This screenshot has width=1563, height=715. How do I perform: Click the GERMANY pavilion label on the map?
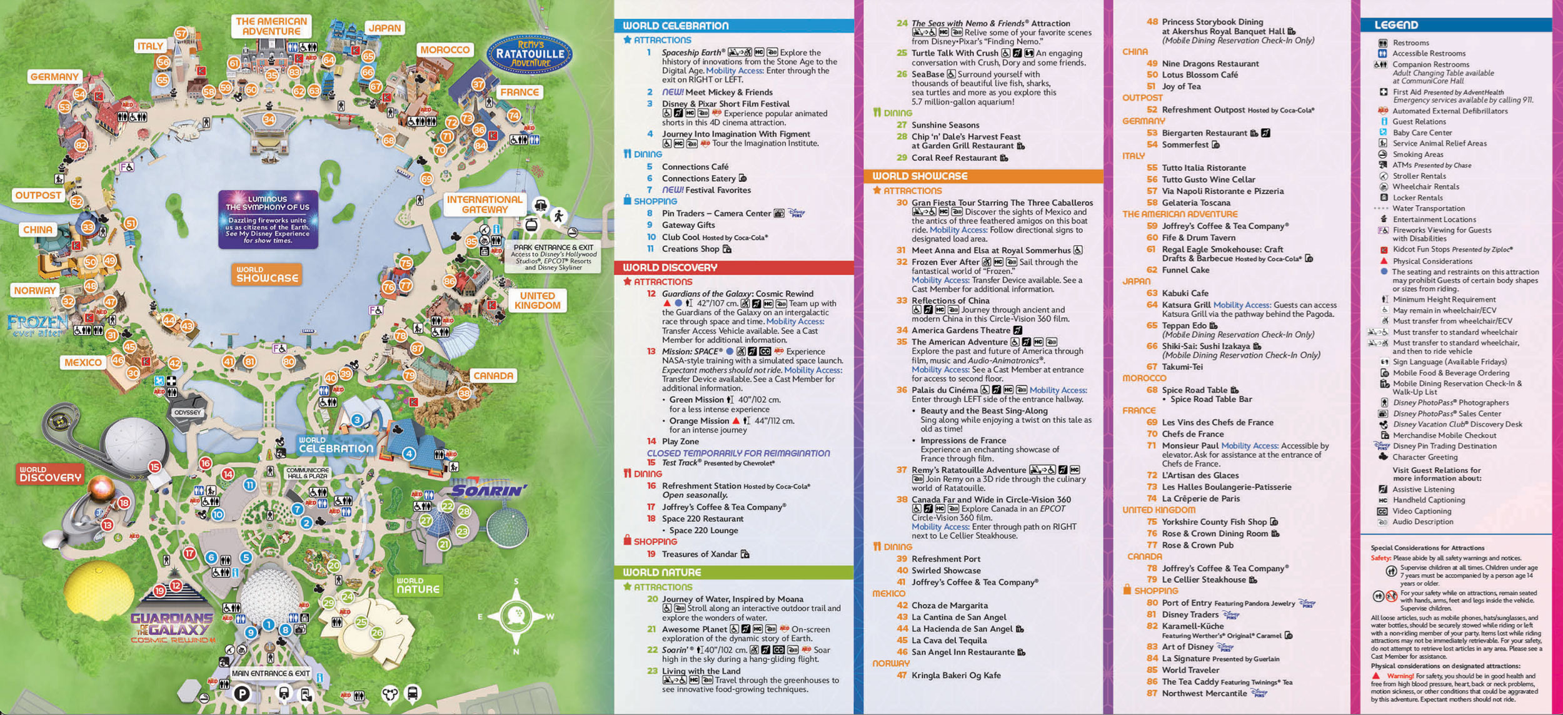pyautogui.click(x=54, y=76)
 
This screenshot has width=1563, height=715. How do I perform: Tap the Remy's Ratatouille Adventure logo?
pyautogui.click(x=530, y=53)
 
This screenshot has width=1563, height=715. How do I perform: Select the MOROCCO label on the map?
pyautogui.click(x=445, y=49)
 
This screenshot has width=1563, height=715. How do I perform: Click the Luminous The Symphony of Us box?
pyautogui.click(x=268, y=220)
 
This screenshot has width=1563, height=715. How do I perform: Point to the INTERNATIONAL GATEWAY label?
pyautogui.click(x=485, y=204)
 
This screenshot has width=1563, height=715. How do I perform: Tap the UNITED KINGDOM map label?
pyautogui.click(x=537, y=300)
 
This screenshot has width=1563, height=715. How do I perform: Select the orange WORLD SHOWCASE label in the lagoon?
pyautogui.click(x=267, y=275)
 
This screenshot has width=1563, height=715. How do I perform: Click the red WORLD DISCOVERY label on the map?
pyautogui.click(x=50, y=474)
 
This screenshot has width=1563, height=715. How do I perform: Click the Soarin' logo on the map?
pyautogui.click(x=488, y=490)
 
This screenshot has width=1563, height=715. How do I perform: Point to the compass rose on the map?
pyautogui.click(x=516, y=617)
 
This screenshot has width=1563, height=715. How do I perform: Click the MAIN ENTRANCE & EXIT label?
pyautogui.click(x=271, y=674)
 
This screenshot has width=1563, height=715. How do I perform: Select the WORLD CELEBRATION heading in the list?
pyautogui.click(x=675, y=26)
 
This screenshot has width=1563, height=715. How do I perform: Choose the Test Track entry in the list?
pyautogui.click(x=680, y=463)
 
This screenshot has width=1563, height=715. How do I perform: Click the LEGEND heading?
pyautogui.click(x=1395, y=25)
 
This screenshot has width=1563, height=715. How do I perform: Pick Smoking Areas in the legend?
pyautogui.click(x=1417, y=155)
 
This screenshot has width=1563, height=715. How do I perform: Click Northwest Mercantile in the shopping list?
pyautogui.click(x=1204, y=693)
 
